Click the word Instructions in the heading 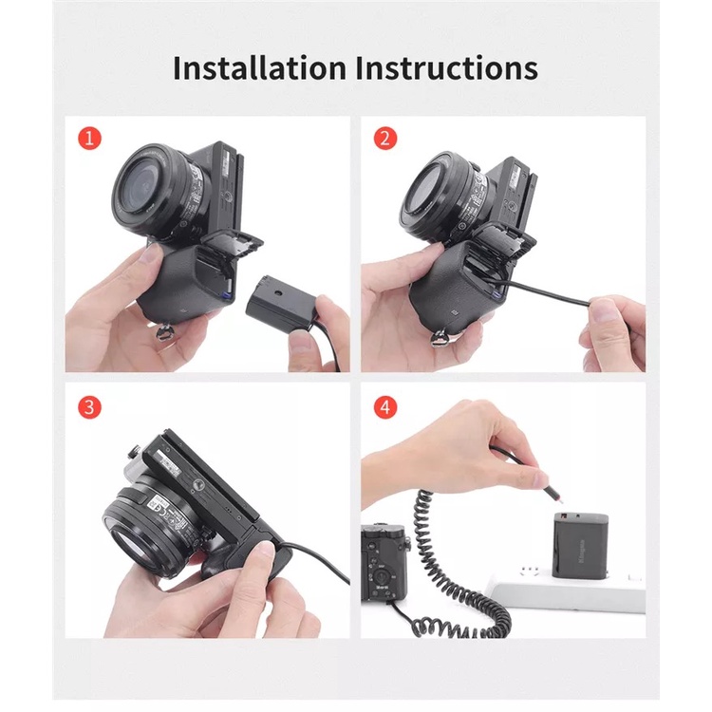[447, 68]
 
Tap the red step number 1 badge [89, 139]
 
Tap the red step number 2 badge [384, 139]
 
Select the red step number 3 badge [89, 407]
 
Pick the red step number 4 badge [384, 407]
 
